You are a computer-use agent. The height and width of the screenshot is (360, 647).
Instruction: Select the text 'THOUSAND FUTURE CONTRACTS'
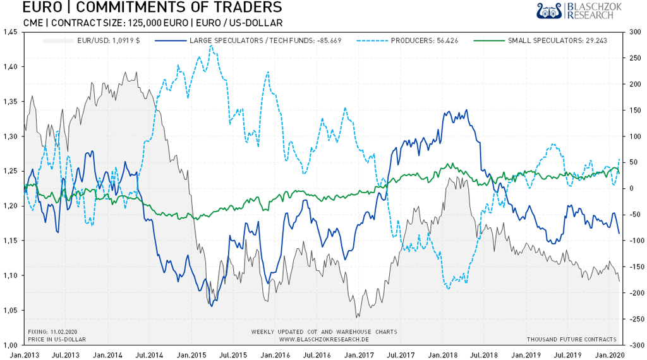tap(572, 340)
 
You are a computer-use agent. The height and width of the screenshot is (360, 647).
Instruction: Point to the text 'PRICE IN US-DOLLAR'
tap(56, 340)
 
